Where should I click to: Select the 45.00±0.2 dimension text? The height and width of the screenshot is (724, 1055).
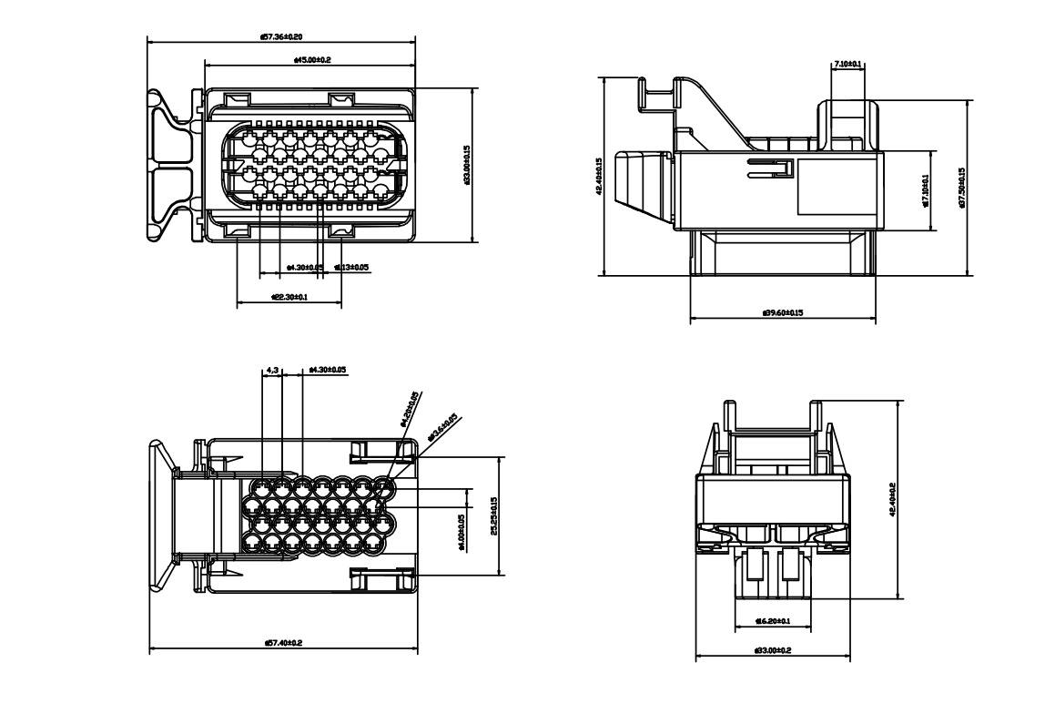[x=312, y=60]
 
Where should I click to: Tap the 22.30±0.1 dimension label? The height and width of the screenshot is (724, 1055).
[x=289, y=297]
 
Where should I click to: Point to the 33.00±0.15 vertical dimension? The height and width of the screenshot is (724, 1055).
[x=466, y=165]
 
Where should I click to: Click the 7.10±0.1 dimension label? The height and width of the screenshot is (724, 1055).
[x=847, y=65]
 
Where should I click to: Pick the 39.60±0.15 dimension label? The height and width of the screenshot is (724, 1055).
[x=783, y=313]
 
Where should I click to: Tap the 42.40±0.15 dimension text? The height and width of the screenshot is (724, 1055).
[x=598, y=177]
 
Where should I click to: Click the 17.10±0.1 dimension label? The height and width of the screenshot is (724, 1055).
[x=925, y=189]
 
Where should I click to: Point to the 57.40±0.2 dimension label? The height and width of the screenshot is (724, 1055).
[x=283, y=643]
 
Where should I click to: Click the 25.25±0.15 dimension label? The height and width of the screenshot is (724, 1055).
[x=492, y=515]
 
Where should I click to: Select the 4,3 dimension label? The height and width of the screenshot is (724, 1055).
[x=272, y=371]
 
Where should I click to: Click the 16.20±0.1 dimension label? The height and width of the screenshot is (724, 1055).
[x=772, y=621]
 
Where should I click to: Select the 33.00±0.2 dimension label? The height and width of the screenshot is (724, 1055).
[x=773, y=650]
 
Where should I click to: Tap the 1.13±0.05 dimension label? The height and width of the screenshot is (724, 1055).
[x=351, y=268]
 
